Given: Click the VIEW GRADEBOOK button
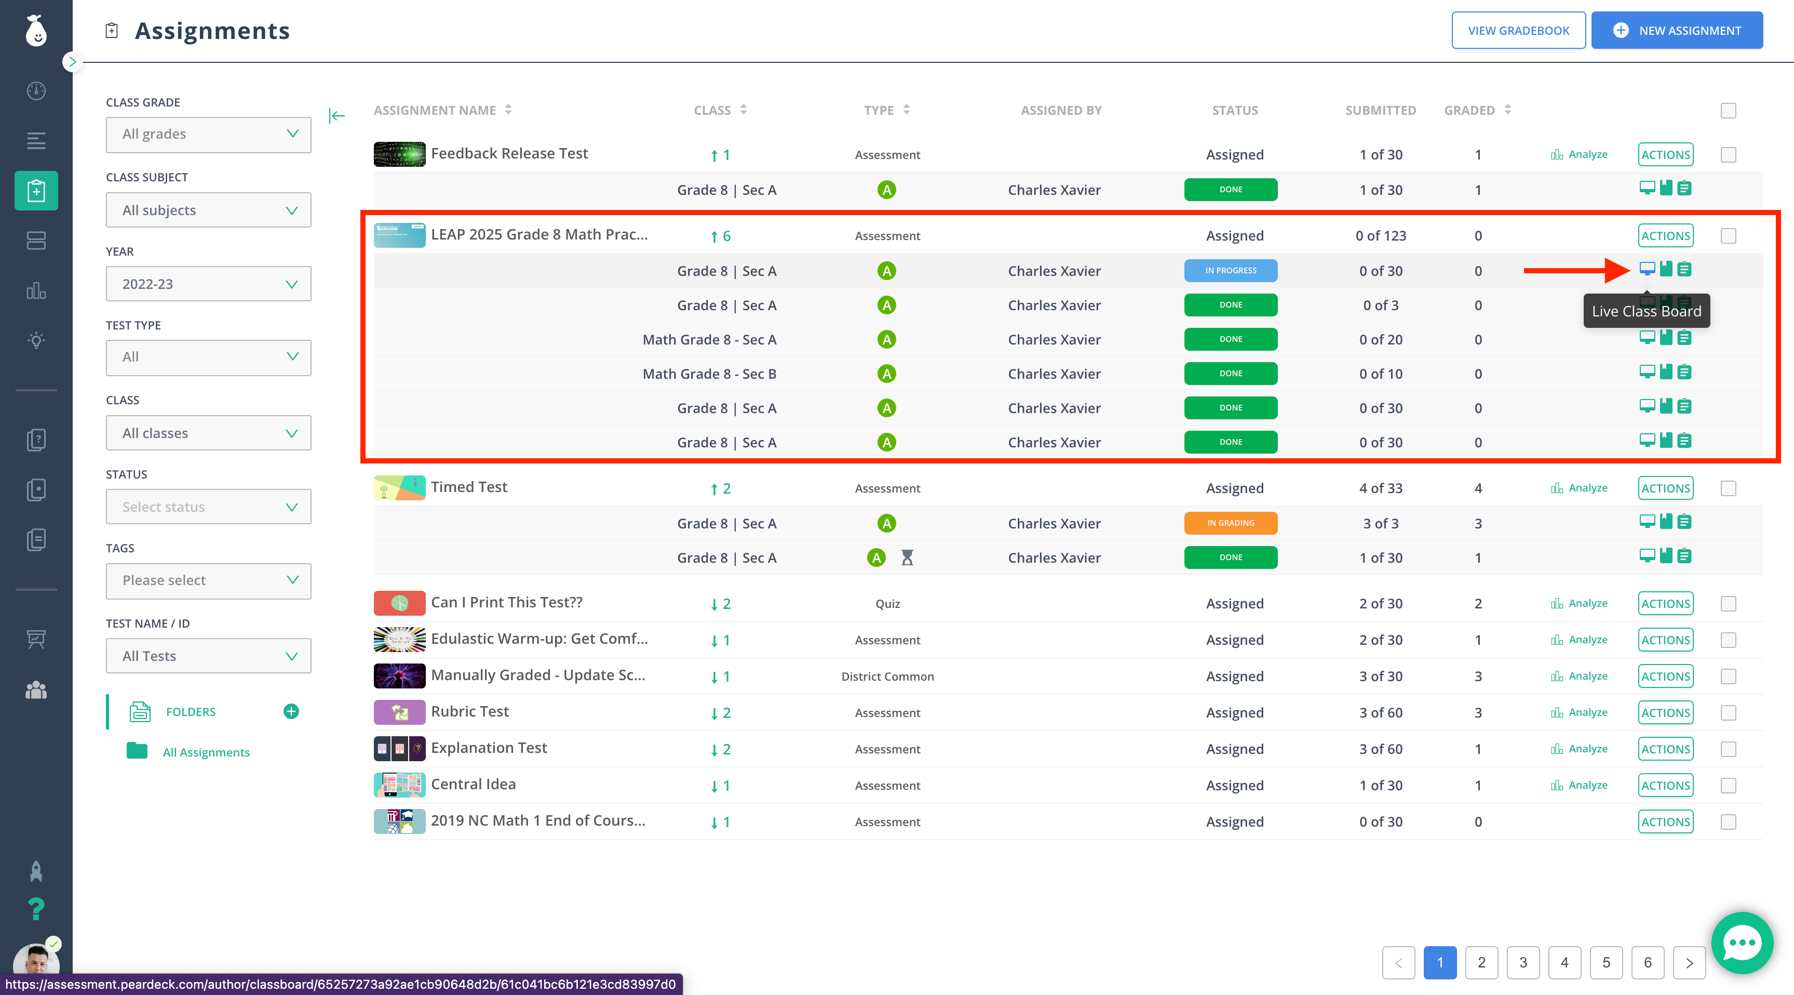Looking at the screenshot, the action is (x=1518, y=31).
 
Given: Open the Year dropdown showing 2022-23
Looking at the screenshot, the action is (x=208, y=284).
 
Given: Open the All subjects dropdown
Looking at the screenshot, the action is (x=208, y=210).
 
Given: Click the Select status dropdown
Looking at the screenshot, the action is (x=208, y=507).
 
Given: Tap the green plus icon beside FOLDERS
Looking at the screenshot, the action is (x=291, y=711).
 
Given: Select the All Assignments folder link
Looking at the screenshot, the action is (x=206, y=752).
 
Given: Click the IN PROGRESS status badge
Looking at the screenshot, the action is (x=1231, y=270).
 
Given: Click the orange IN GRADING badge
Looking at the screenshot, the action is (x=1231, y=523).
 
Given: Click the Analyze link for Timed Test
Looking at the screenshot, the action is (x=1580, y=488).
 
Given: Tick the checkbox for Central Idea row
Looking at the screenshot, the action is (x=1728, y=785).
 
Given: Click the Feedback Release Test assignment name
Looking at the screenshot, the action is (x=509, y=153).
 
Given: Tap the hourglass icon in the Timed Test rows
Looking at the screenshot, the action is (x=907, y=558).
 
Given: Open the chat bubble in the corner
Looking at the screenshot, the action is (x=1742, y=943).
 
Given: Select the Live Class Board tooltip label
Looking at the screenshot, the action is (x=1647, y=311).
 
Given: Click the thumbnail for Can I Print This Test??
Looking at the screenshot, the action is (x=399, y=603).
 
